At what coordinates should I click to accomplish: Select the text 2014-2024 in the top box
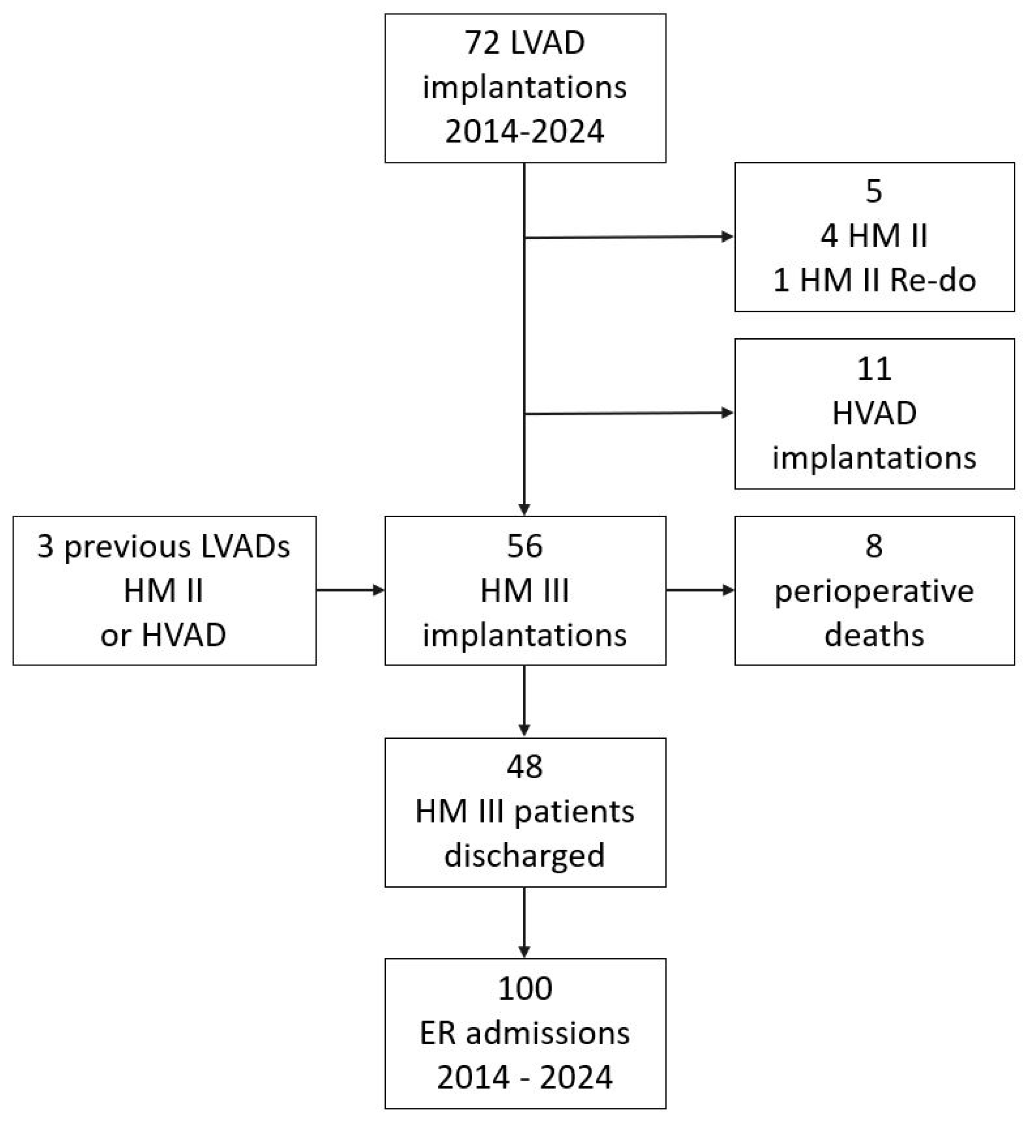click(x=524, y=131)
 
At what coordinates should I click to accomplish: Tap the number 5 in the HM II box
click(x=874, y=191)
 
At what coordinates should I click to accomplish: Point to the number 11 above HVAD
click(x=874, y=369)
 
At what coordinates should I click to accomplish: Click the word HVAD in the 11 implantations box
click(x=874, y=413)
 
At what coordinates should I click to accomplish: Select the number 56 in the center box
click(x=524, y=546)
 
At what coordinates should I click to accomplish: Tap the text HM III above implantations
click(x=524, y=591)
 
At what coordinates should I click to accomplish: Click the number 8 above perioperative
click(x=874, y=546)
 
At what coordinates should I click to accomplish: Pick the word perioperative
click(x=874, y=591)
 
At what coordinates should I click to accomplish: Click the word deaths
click(x=874, y=635)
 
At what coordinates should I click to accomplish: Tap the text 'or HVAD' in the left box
click(x=163, y=635)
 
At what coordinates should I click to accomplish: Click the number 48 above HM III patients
click(x=524, y=767)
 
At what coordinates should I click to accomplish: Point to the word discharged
click(x=524, y=856)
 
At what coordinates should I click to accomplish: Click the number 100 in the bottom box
click(x=524, y=989)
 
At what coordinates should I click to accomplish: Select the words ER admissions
click(x=524, y=1033)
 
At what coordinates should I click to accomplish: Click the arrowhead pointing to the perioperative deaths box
click(x=728, y=590)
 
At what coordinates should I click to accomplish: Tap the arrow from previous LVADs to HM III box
click(x=350, y=590)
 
